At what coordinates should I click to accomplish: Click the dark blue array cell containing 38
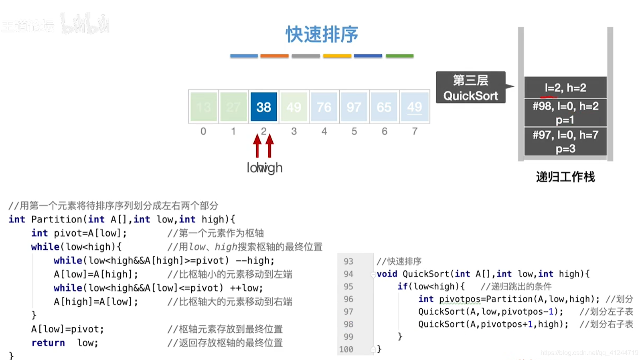(263, 107)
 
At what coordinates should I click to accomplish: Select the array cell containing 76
(324, 107)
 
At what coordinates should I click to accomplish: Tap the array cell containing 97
(354, 107)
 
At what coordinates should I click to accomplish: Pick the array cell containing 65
(384, 107)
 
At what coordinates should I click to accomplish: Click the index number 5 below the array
(354, 131)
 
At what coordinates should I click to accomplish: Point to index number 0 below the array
(203, 131)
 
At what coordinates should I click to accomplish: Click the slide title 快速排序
(322, 34)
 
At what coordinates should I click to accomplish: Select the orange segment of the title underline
(274, 56)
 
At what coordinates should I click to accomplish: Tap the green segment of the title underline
(399, 56)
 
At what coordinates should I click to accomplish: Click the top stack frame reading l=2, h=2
(565, 87)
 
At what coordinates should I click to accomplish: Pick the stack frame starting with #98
(565, 113)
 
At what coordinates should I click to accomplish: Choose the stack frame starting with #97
(565, 142)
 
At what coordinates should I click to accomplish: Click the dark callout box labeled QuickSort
(470, 88)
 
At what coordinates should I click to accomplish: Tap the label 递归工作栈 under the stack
(565, 177)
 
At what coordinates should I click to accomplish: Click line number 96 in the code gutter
(348, 299)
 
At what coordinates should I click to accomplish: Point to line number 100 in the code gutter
(346, 349)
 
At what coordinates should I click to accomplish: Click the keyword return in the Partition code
(48, 343)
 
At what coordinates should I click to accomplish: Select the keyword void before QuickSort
(387, 274)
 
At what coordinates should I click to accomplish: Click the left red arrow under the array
(257, 146)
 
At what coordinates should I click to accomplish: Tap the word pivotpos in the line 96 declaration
(460, 299)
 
